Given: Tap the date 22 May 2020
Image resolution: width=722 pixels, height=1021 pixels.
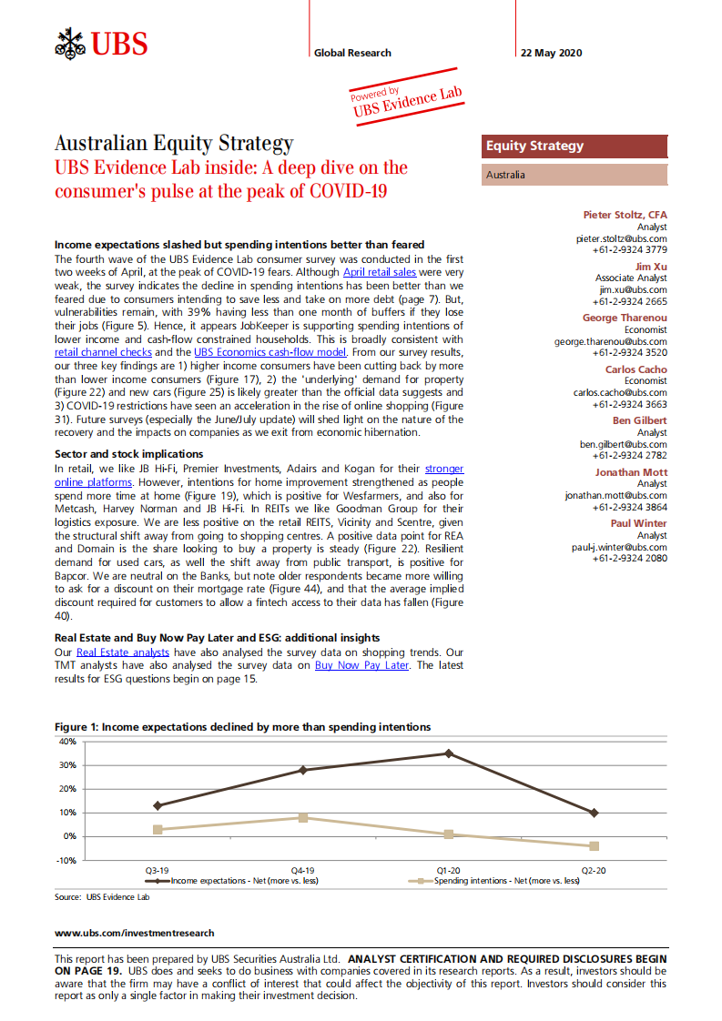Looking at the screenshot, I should pyautogui.click(x=549, y=53).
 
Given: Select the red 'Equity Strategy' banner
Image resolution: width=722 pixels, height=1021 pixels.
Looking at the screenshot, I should pyautogui.click(x=575, y=146).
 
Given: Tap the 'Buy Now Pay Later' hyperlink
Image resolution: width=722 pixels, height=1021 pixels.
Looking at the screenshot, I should pyautogui.click(x=361, y=665).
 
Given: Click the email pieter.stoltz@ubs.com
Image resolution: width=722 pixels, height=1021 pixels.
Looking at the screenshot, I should pyautogui.click(x=621, y=238).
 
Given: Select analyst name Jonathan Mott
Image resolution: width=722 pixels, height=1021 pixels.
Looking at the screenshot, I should pyautogui.click(x=631, y=472).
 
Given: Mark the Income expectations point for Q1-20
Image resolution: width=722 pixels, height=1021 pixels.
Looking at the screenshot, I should pyautogui.click(x=448, y=753).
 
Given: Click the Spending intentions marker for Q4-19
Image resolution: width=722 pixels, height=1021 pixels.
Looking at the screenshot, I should pyautogui.click(x=303, y=817).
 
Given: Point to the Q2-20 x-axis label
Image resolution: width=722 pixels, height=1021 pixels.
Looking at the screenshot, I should pyautogui.click(x=594, y=871).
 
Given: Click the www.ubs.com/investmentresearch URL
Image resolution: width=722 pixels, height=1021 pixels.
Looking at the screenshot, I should pyautogui.click(x=135, y=933).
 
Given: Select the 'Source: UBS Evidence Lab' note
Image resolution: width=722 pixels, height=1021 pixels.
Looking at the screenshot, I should pyautogui.click(x=102, y=896).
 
